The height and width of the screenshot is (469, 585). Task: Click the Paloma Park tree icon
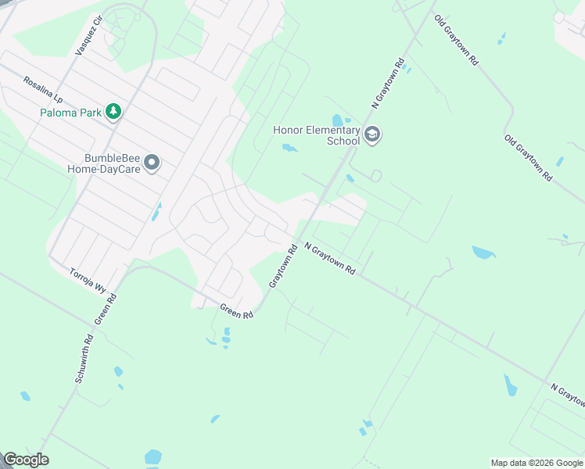[114, 112]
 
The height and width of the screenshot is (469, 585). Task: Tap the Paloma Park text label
[71, 113]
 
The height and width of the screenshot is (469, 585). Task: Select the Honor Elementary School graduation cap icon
[372, 135]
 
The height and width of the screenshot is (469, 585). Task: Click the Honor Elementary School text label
[316, 135]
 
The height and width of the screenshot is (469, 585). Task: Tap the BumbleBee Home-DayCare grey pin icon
[153, 163]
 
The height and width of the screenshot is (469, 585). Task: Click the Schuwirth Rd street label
[84, 360]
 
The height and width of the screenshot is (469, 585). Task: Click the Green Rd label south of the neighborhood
[237, 310]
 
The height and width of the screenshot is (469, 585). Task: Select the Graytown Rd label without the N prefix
[283, 267]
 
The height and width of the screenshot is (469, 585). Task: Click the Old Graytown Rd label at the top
[457, 39]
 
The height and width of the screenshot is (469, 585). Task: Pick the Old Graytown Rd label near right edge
[529, 158]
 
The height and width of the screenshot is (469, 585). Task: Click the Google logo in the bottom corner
[26, 460]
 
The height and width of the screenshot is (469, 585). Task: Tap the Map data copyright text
[536, 463]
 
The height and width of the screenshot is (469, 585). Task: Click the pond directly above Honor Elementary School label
[338, 120]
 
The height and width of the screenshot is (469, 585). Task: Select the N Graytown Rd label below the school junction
[330, 258]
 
